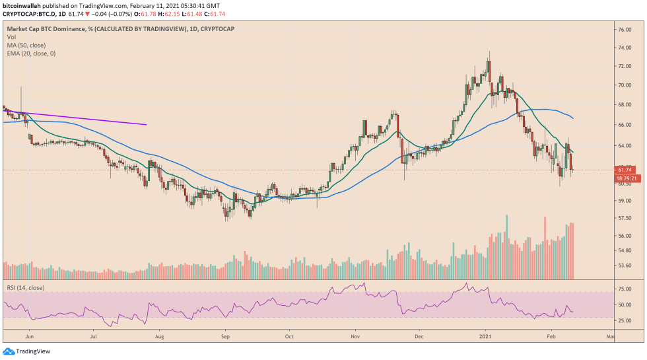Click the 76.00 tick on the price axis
tap(626, 30)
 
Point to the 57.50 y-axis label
tap(626, 217)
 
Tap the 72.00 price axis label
tap(626, 67)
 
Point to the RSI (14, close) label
tap(26, 288)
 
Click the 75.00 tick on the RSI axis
tap(626, 289)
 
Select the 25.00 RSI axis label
tap(626, 321)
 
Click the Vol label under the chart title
tap(11, 37)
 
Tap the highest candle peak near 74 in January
tap(489, 53)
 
